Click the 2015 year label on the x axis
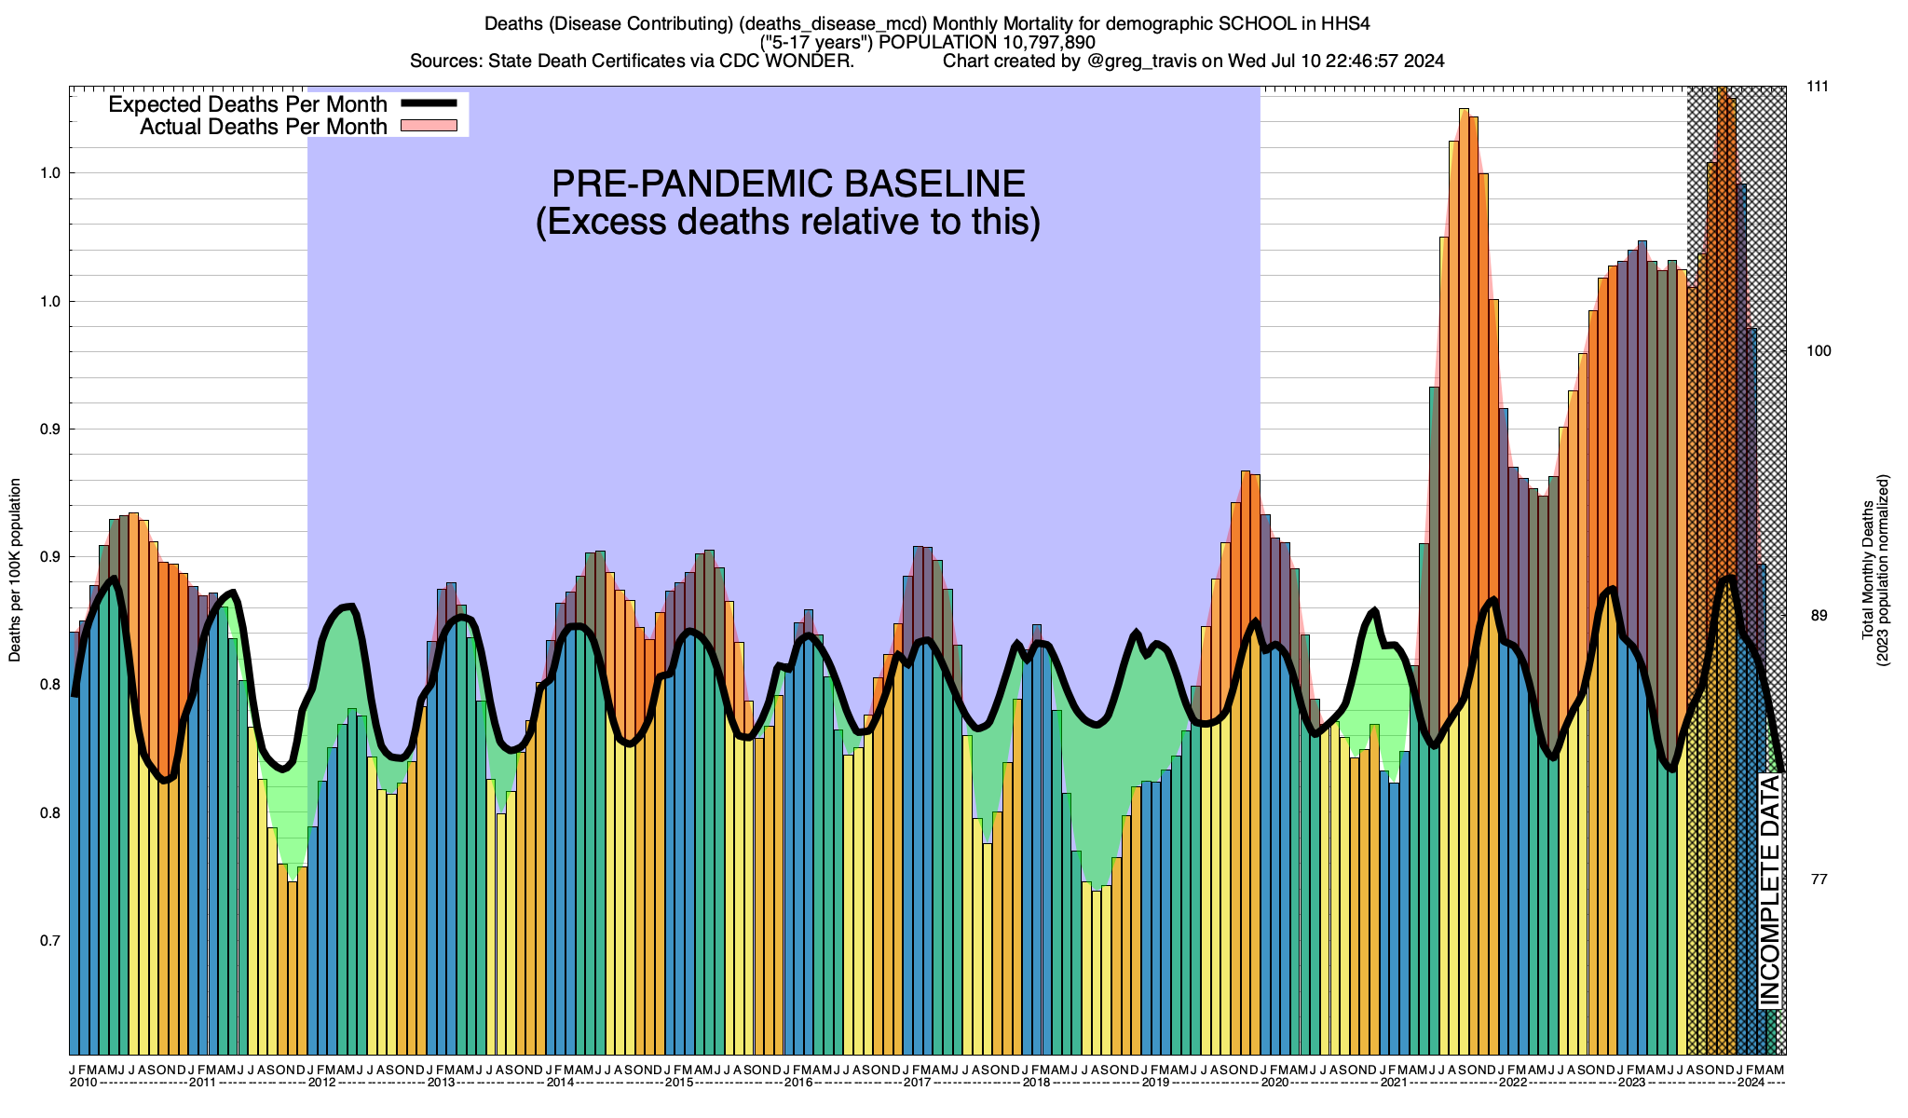(x=679, y=1083)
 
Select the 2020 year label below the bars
(x=1274, y=1083)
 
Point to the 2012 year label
(x=321, y=1083)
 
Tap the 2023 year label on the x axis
(x=1631, y=1083)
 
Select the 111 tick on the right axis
(x=1818, y=87)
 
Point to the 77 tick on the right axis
(x=1818, y=879)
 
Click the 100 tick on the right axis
(x=1818, y=351)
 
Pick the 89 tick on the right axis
(x=1818, y=616)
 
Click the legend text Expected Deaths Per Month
(x=248, y=104)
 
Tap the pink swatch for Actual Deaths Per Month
(x=429, y=126)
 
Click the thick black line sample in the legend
(x=429, y=103)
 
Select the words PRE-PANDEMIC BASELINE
(x=788, y=184)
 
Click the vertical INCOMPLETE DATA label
(x=1770, y=891)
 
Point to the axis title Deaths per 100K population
(x=16, y=570)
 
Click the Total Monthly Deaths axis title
(x=1868, y=570)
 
